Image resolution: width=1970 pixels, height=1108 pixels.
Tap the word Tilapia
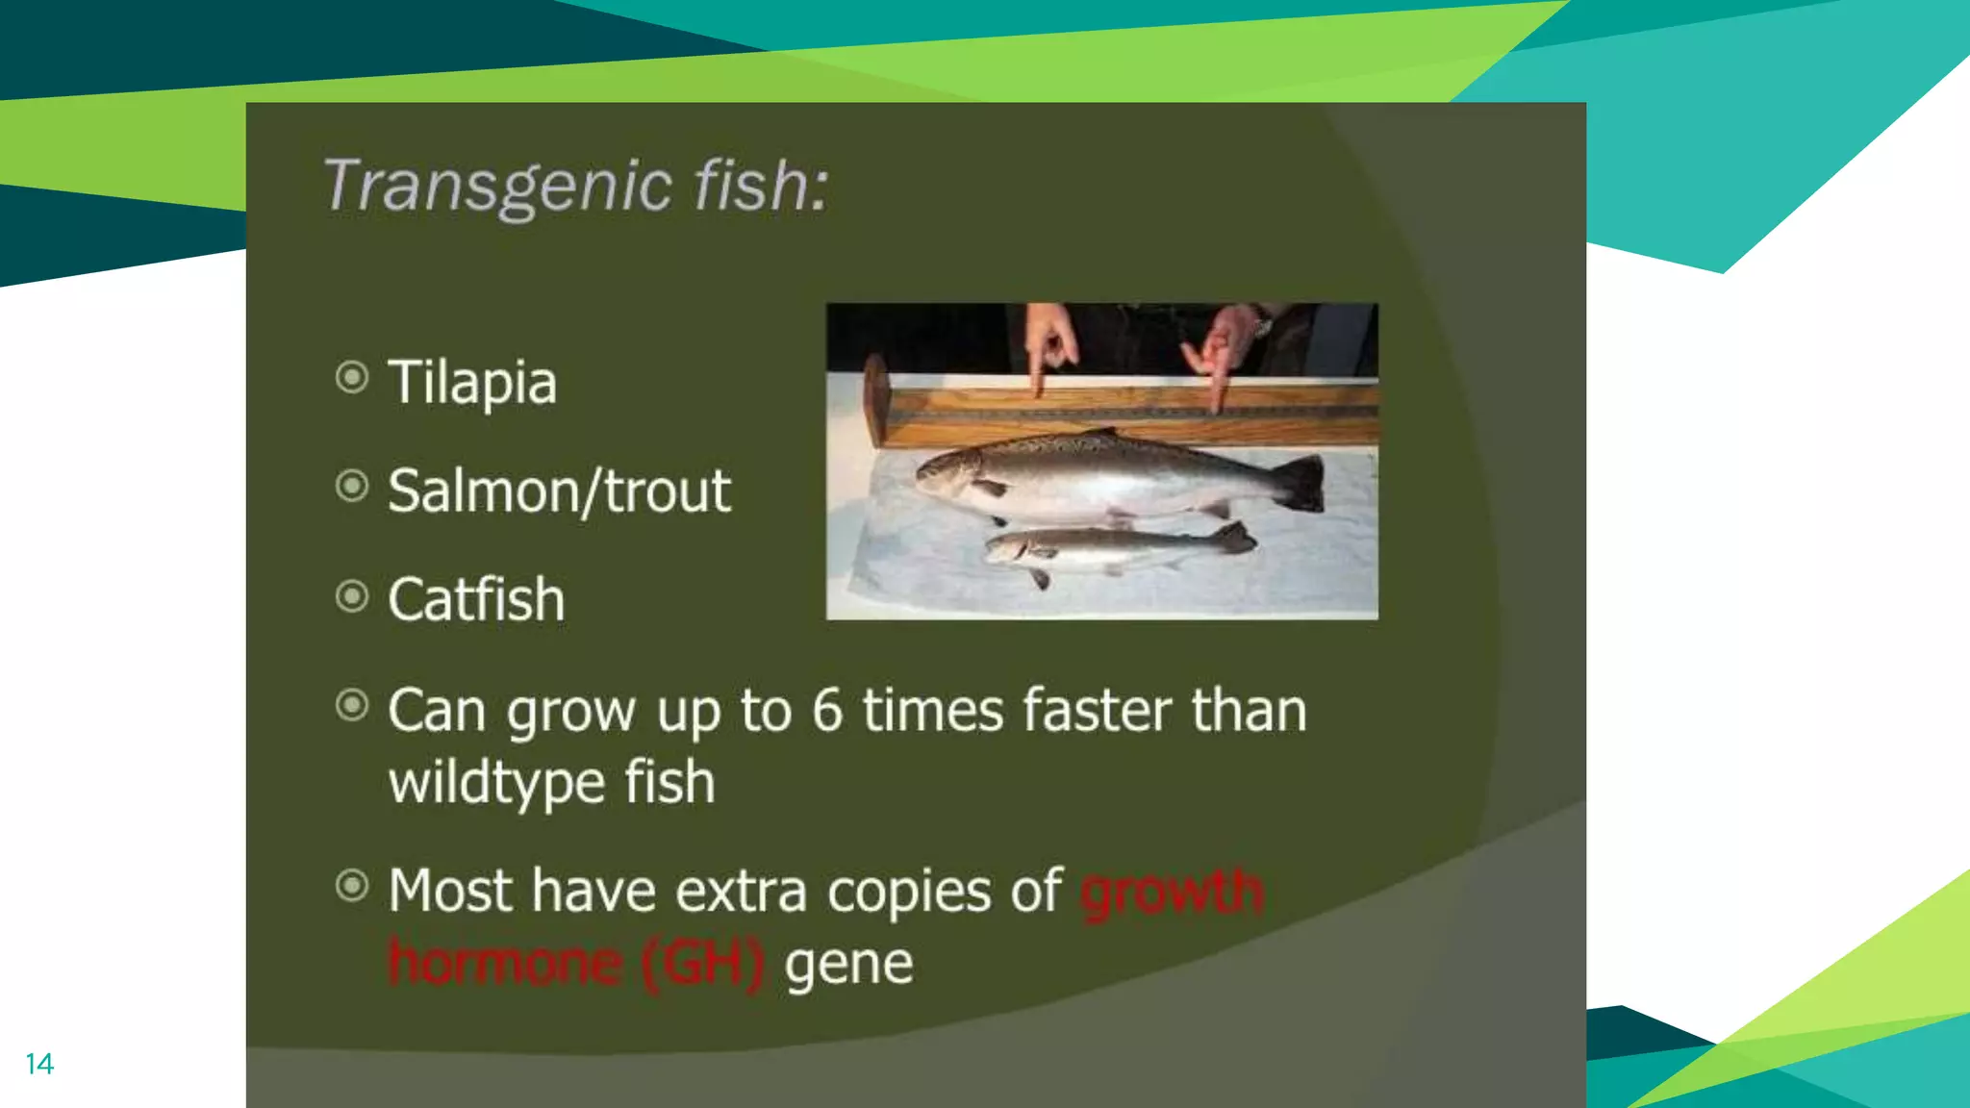pyautogui.click(x=471, y=383)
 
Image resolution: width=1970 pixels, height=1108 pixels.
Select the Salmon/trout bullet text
pyautogui.click(x=558, y=491)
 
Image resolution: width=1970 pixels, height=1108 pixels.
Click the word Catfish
pyautogui.click(x=475, y=600)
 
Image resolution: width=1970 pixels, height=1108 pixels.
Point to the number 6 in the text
pyautogui.click(x=826, y=711)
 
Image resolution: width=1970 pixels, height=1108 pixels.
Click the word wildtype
pyautogui.click(x=495, y=782)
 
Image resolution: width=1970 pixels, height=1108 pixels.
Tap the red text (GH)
pyautogui.click(x=702, y=963)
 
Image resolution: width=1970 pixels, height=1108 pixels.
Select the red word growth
pyautogui.click(x=1172, y=892)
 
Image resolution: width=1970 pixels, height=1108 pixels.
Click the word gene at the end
pyautogui.click(x=847, y=963)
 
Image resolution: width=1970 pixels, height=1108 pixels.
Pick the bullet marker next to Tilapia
pyautogui.click(x=352, y=377)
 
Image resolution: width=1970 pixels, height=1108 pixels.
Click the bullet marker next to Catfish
pyautogui.click(x=352, y=596)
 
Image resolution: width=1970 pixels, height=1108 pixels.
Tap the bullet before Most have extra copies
pyautogui.click(x=352, y=885)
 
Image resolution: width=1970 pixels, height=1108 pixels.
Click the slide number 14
pyautogui.click(x=39, y=1064)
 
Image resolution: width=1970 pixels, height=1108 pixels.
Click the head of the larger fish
pyautogui.click(x=952, y=471)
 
